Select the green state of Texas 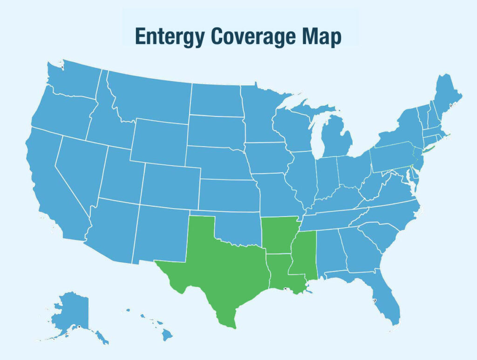point(219,270)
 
